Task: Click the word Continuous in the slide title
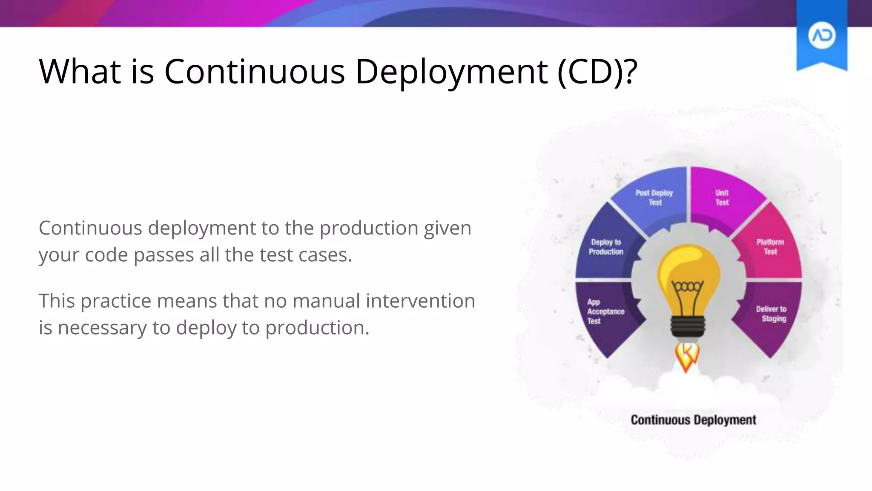tap(254, 71)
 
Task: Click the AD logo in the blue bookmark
tap(821, 36)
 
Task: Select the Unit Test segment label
tap(722, 198)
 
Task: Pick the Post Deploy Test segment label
tap(654, 198)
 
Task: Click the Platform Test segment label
tap(770, 247)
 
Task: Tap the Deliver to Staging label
tap(771, 314)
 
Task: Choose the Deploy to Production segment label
tap(606, 247)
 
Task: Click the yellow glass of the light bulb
tap(688, 264)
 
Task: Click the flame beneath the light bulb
tap(687, 356)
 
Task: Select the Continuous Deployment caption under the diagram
tap(693, 420)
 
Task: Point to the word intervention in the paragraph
tap(420, 300)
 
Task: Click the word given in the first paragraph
tap(447, 228)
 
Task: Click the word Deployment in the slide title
tap(451, 71)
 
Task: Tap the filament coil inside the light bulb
tap(688, 286)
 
